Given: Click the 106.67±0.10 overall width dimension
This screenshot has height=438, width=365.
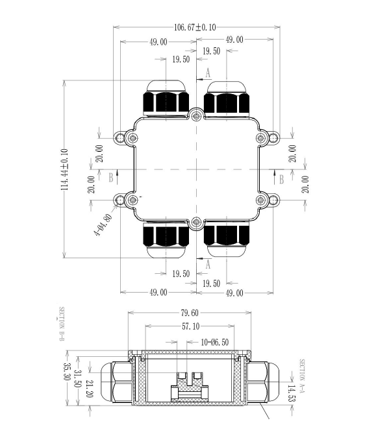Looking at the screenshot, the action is point(195,27).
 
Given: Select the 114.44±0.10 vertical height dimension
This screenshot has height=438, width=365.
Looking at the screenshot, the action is point(64,169).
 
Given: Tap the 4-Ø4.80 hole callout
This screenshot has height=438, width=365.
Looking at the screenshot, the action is point(103,225).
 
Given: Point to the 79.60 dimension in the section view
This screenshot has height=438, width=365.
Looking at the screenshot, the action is point(190,313).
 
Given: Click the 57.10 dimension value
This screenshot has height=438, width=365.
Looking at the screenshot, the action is point(191,326).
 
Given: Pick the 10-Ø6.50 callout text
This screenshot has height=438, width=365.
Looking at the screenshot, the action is point(214,342).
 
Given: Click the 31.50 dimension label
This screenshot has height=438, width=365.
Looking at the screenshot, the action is point(77,378).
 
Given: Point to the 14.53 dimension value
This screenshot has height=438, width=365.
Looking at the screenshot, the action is point(291,393).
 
